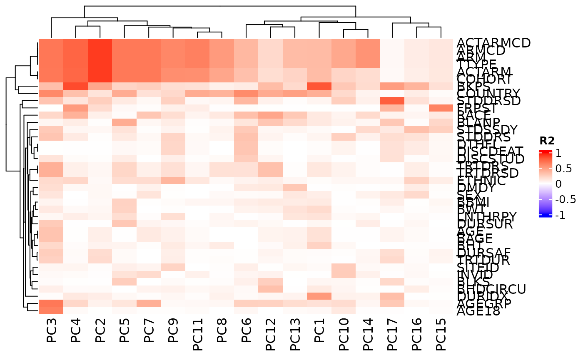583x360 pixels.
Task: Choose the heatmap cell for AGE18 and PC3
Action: coord(51,310)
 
